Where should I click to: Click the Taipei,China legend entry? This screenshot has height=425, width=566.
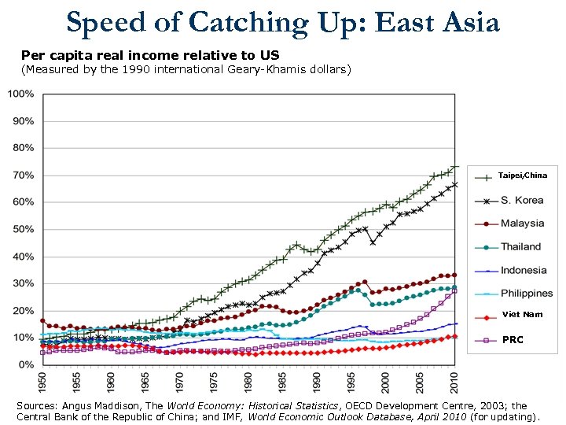pos(522,175)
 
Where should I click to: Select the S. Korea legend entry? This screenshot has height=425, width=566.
pos(522,200)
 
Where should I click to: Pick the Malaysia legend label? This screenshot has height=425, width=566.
pos(523,223)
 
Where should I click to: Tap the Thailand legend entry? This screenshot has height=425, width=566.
pos(521,246)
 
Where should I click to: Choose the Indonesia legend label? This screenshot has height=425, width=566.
pos(524,270)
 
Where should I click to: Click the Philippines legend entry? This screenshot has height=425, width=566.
pos(527,293)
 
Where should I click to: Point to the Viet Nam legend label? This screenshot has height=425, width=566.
pos(522,315)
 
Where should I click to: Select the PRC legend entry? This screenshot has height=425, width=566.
pos(513,340)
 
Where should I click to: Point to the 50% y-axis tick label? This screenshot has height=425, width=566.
pos(23,229)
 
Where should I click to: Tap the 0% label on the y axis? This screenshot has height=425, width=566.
pos(26,364)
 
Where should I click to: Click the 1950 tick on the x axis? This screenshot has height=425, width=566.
pos(43,382)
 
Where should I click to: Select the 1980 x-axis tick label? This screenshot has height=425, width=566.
pos(249,382)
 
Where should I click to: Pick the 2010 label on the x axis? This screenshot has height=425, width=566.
pos(454,382)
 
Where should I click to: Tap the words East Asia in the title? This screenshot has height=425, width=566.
pos(438,23)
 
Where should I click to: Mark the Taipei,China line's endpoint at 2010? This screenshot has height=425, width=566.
pos(454,166)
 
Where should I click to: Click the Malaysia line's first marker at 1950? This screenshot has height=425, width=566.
pos(43,320)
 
